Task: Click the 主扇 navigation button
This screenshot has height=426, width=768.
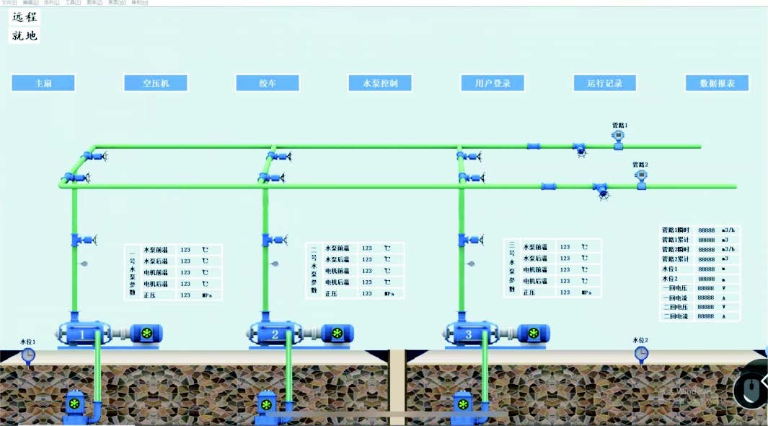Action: pos(43,83)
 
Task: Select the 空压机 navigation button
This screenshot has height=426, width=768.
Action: pos(156,83)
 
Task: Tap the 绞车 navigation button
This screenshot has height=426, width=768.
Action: pos(268,83)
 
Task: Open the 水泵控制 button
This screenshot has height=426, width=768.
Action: pos(379,83)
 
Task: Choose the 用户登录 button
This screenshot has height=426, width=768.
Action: pos(493,83)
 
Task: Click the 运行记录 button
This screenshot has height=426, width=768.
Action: pos(604,83)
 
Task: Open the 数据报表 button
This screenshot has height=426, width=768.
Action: pos(717,83)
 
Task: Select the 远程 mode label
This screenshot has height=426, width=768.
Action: pos(25,17)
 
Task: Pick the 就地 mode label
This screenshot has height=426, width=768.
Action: pos(25,35)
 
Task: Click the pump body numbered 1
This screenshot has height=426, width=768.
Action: pos(82,334)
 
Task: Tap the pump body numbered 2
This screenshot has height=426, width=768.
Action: pos(275,334)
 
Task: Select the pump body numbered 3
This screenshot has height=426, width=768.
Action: pos(469,334)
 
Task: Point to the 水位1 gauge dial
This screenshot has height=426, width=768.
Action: pos(28,355)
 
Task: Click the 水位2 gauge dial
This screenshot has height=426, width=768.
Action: pos(641,353)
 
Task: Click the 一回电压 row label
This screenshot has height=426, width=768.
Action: pos(675,288)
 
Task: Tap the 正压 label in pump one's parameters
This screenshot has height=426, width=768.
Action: pos(149,295)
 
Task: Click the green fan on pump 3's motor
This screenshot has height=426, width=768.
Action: pos(534,333)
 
